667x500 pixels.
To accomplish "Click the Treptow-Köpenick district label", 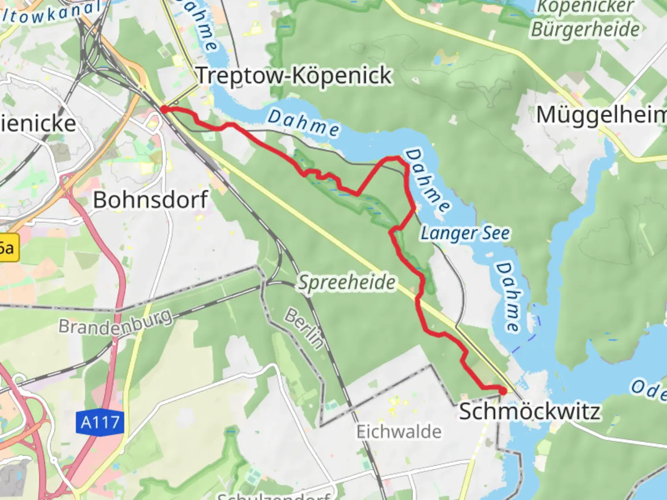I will (x=295, y=76).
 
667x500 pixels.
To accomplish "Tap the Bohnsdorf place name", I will (x=150, y=200).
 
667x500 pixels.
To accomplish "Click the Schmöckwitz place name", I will (x=529, y=411).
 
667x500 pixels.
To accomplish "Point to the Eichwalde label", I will (x=398, y=431).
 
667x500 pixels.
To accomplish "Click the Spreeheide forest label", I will (x=346, y=282).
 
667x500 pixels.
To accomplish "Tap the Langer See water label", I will (x=465, y=233).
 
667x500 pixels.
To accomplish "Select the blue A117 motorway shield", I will (x=100, y=422).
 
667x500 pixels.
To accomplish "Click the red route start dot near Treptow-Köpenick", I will (x=164, y=109).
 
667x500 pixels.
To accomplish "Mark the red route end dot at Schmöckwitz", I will (x=503, y=391).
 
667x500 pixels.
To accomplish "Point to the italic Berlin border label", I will (x=304, y=328).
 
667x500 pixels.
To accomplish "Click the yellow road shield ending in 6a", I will (x=8, y=248).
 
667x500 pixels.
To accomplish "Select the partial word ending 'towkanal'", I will (x=53, y=13).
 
